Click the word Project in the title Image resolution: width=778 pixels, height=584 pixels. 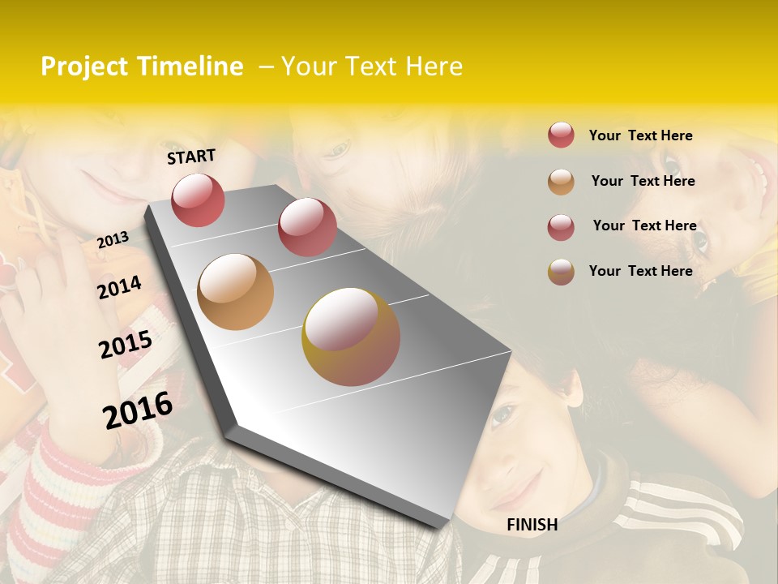pos(84,67)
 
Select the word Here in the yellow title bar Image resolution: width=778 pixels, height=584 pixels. pos(429,67)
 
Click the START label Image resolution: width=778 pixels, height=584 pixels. pos(191,157)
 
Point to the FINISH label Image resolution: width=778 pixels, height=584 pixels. pos(532,525)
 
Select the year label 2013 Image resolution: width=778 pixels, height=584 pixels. pos(113,240)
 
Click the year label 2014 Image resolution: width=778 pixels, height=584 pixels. pos(119,287)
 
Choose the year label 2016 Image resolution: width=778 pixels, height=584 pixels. pos(138,410)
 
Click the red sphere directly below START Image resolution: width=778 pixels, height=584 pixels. pos(198,200)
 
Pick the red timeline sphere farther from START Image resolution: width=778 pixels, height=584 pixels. pos(306,227)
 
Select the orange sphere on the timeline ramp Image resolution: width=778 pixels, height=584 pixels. pos(235,292)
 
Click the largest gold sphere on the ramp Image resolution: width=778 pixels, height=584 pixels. pos(350,337)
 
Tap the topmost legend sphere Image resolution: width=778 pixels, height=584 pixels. pos(561,135)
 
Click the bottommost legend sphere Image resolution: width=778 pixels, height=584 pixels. pos(561,272)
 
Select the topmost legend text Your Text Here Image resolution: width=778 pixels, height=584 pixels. pos(640,135)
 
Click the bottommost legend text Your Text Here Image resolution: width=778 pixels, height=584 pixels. pos(640,271)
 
